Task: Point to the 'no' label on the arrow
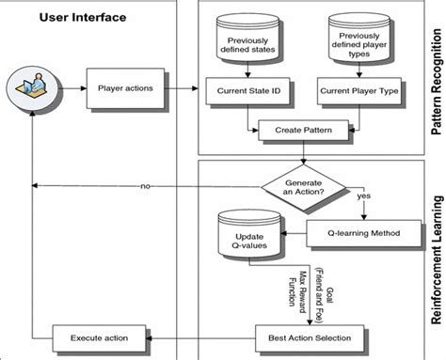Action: point(145,186)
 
